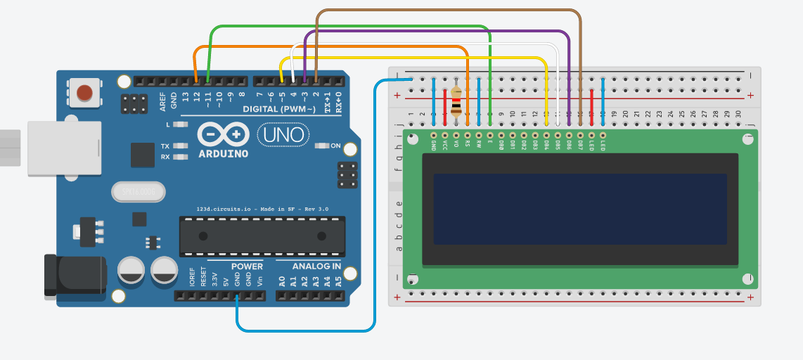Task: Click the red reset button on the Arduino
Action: (84, 92)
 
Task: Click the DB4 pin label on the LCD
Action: (546, 145)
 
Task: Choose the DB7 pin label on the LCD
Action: (579, 145)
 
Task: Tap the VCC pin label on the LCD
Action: (444, 144)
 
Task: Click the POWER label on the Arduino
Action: (246, 266)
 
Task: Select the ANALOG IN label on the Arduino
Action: (317, 266)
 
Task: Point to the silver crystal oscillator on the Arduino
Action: (139, 191)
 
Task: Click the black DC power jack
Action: (75, 275)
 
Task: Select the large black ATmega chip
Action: (263, 236)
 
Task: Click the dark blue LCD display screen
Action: (579, 209)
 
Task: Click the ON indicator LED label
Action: (335, 146)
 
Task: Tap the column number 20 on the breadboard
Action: (625, 114)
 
